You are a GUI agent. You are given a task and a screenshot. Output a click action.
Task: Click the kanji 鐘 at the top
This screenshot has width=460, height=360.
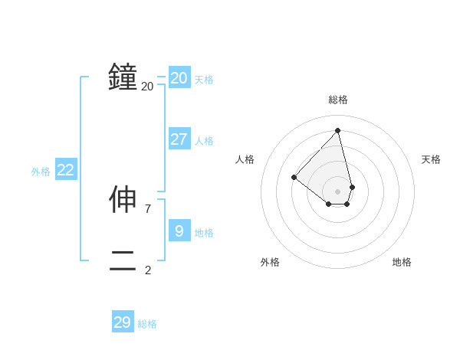click(x=123, y=77)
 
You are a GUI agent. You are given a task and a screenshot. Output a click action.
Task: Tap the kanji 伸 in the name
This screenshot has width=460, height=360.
click(x=123, y=200)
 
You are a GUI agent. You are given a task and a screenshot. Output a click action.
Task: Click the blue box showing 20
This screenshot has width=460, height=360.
click(x=179, y=77)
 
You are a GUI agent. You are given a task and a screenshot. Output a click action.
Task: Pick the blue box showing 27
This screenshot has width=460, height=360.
click(x=179, y=139)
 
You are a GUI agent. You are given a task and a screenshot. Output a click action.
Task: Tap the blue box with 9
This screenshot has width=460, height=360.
click(x=179, y=230)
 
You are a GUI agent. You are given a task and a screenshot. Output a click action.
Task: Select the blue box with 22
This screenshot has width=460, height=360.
click(x=66, y=170)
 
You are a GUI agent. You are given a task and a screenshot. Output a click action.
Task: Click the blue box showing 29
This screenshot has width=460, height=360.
click(x=123, y=322)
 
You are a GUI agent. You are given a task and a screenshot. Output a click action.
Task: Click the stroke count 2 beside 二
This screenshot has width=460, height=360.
click(x=148, y=270)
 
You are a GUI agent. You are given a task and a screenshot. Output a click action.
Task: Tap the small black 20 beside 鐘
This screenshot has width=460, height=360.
click(x=148, y=87)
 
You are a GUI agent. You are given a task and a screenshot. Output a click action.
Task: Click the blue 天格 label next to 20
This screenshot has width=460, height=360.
click(x=204, y=79)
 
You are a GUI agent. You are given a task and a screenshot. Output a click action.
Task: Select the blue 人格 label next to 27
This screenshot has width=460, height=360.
click(x=204, y=141)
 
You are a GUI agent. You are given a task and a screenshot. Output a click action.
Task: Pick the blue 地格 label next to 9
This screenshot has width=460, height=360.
click(x=204, y=232)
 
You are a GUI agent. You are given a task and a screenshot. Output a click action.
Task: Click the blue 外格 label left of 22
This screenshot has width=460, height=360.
click(x=41, y=172)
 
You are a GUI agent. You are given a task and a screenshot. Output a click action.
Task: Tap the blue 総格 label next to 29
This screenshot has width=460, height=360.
click(x=147, y=325)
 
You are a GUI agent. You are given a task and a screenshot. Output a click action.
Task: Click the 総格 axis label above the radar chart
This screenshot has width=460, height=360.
click(x=338, y=100)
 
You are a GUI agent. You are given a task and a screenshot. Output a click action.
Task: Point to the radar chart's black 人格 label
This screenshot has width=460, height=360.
click(x=245, y=159)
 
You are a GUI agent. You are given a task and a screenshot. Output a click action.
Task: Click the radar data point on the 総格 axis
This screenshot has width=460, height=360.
click(x=338, y=131)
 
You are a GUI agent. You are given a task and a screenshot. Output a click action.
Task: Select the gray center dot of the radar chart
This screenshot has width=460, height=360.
click(x=338, y=191)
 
